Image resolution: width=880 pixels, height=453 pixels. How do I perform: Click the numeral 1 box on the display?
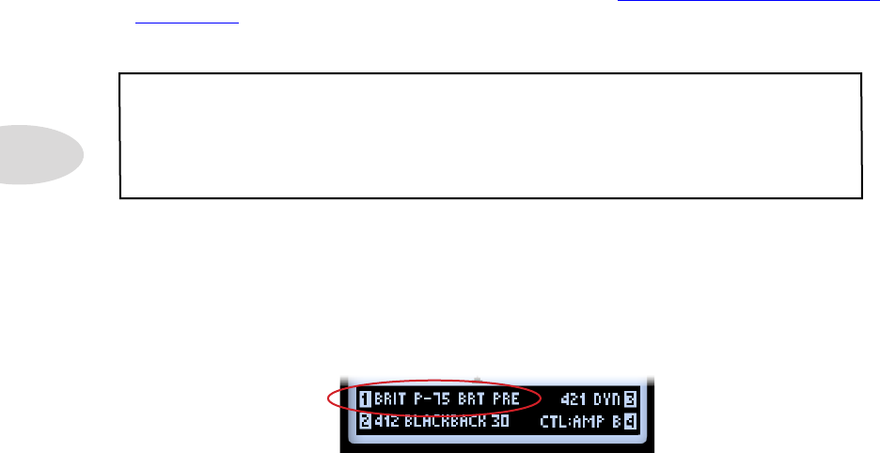pyautogui.click(x=364, y=399)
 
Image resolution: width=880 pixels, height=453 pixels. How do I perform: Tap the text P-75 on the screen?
pyautogui.click(x=433, y=399)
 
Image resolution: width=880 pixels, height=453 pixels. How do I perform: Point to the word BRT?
pyautogui.click(x=473, y=399)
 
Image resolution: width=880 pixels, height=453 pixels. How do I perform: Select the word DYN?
pyautogui.click(x=606, y=399)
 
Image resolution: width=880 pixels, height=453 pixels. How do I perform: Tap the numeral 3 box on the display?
pyautogui.click(x=630, y=399)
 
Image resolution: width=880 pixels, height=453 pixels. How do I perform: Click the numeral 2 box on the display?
pyautogui.click(x=364, y=421)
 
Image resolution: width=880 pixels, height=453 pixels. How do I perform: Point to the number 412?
pyautogui.click(x=386, y=421)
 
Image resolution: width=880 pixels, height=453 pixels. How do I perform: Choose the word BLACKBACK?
pyautogui.click(x=445, y=421)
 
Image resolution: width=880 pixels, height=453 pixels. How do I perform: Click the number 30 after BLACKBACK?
pyautogui.click(x=500, y=421)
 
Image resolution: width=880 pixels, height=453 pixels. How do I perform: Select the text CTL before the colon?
pyautogui.click(x=553, y=421)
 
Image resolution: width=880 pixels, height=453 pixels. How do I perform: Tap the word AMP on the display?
pyautogui.click(x=590, y=421)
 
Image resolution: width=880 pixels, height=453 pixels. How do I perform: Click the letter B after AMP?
pyautogui.click(x=617, y=421)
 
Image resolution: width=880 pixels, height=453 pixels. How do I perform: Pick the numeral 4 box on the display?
pyautogui.click(x=630, y=421)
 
